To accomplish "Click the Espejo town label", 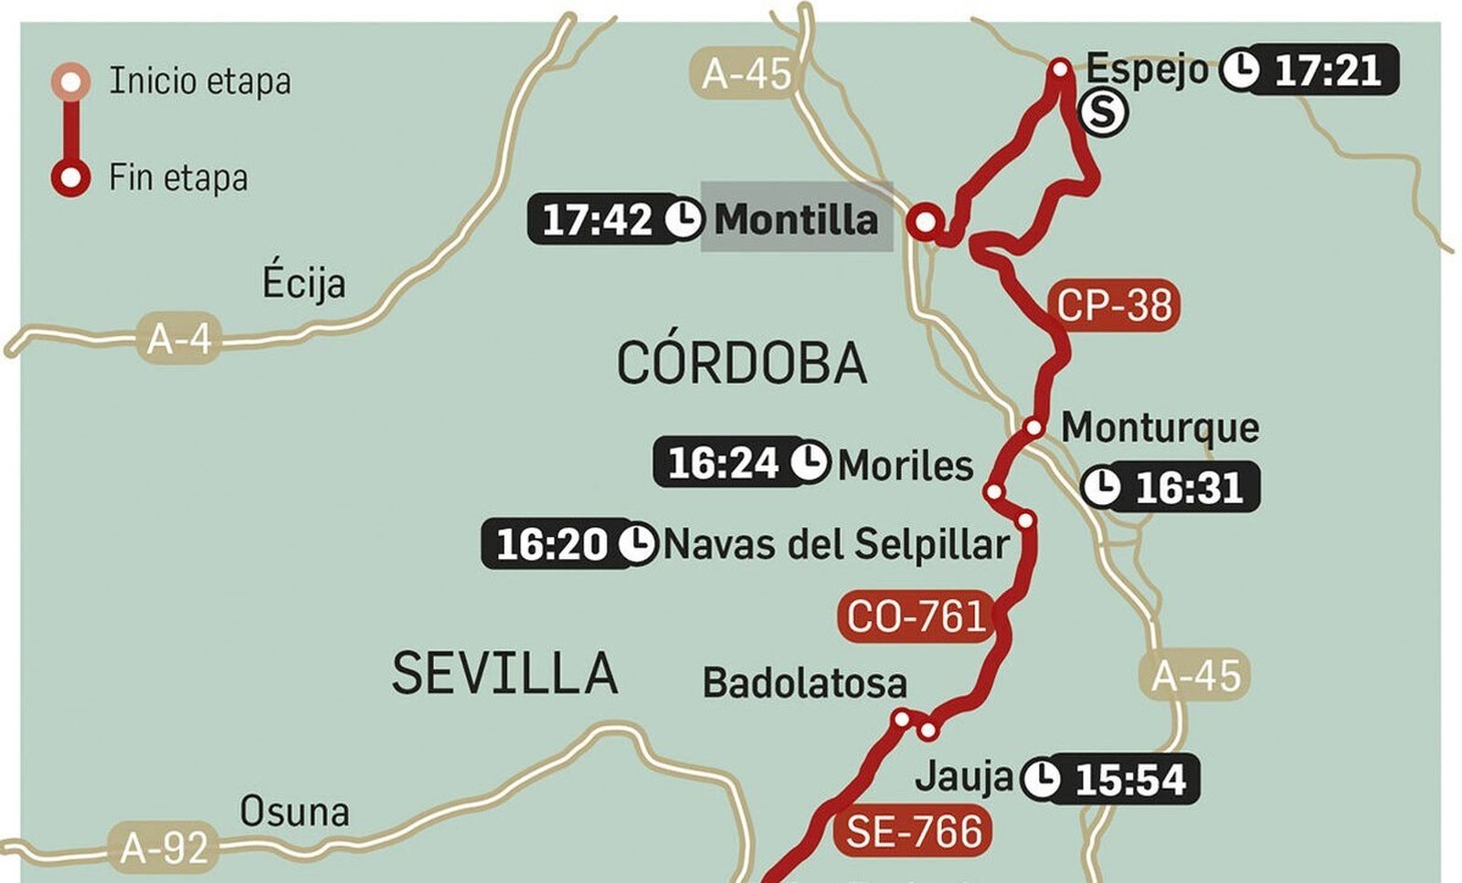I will [1146, 68].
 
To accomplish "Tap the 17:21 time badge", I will [1324, 69].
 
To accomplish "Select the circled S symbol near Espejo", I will [1104, 112].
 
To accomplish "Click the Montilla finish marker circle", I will [926, 221].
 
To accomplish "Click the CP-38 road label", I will [1114, 305].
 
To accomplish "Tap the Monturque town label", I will [1160, 426].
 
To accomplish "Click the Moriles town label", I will [905, 465].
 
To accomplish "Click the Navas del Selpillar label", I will [835, 544].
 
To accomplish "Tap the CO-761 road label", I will [916, 616].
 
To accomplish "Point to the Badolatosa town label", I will [804, 683].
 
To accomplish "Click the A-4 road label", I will [179, 340].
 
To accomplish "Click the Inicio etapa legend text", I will [200, 81].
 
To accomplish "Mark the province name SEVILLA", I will [504, 674].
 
